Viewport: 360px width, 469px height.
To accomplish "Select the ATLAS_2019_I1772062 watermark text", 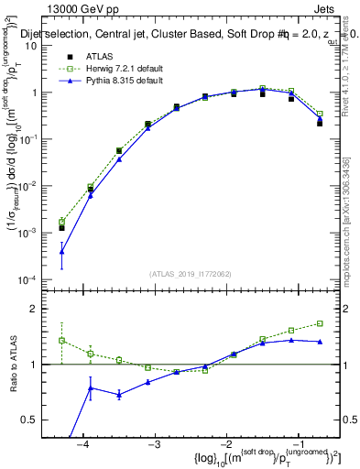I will tap(190, 273).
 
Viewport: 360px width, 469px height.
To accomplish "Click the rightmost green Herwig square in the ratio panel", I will tap(320, 323).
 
